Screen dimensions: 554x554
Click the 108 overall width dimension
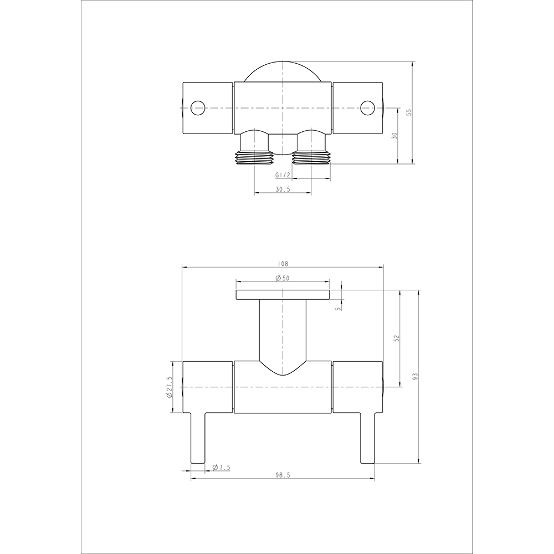click(x=283, y=264)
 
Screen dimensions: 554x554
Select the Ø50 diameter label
click(x=283, y=278)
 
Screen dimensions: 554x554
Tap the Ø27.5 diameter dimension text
click(x=168, y=387)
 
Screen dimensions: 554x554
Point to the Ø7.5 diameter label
click(x=221, y=468)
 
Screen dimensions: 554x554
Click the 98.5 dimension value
click(x=283, y=475)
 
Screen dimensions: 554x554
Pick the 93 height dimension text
click(x=415, y=376)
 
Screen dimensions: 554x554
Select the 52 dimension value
click(x=396, y=338)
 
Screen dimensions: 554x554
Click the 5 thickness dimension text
click(x=338, y=309)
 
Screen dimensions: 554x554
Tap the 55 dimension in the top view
click(x=409, y=112)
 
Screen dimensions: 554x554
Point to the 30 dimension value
click(x=394, y=136)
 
